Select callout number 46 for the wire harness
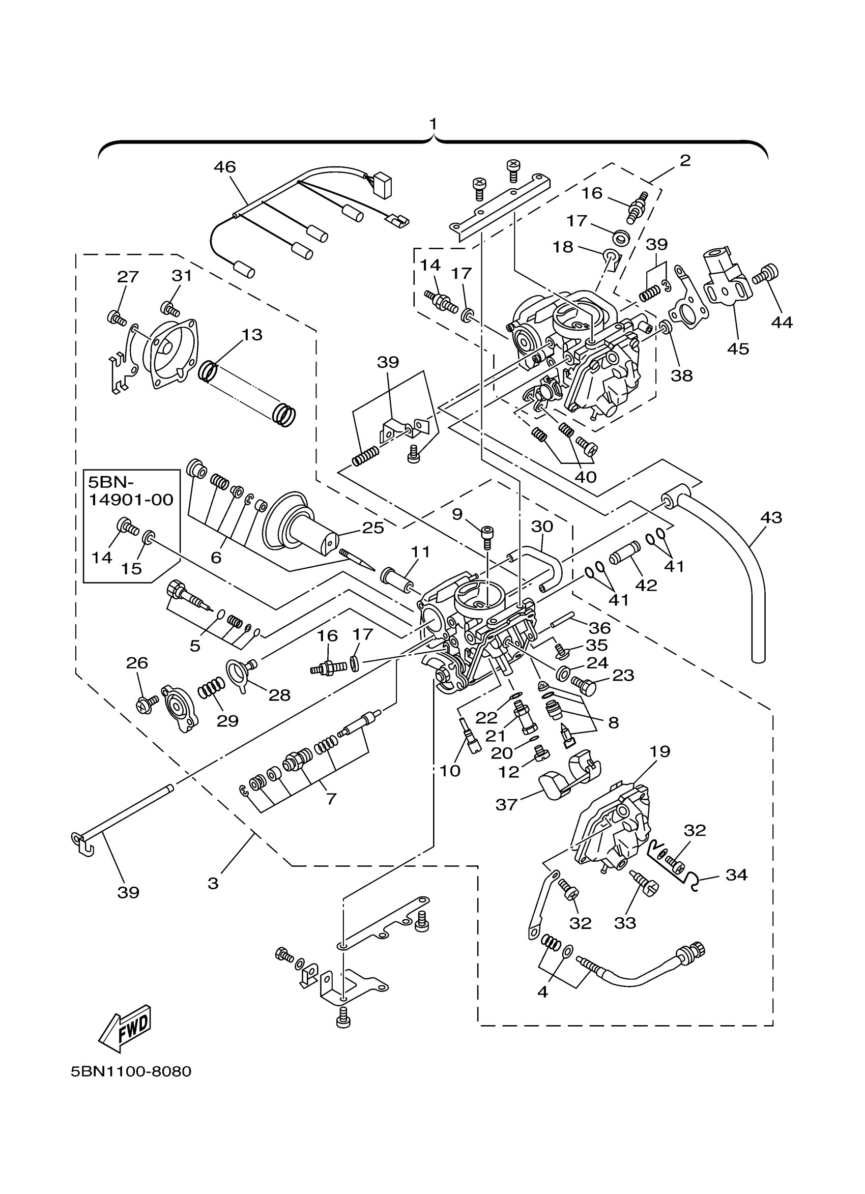pyautogui.click(x=225, y=167)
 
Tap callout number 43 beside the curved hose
pyautogui.click(x=771, y=517)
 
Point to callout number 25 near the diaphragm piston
pyautogui.click(x=373, y=528)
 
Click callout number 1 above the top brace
pyautogui.click(x=433, y=124)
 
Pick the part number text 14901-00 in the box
pyautogui.click(x=131, y=500)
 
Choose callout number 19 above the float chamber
pyautogui.click(x=659, y=751)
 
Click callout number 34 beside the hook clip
pyautogui.click(x=737, y=875)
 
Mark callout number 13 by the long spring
pyautogui.click(x=252, y=335)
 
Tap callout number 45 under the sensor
pyautogui.click(x=738, y=348)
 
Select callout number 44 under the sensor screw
pyautogui.click(x=782, y=322)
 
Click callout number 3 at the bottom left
pyautogui.click(x=213, y=883)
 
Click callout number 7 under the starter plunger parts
pyautogui.click(x=331, y=799)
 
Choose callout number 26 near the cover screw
pyautogui.click(x=137, y=663)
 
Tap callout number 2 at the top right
pyautogui.click(x=685, y=161)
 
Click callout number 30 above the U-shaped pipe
pyautogui.click(x=542, y=526)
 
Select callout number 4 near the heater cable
pyautogui.click(x=543, y=992)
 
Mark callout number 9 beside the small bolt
pyautogui.click(x=457, y=514)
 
